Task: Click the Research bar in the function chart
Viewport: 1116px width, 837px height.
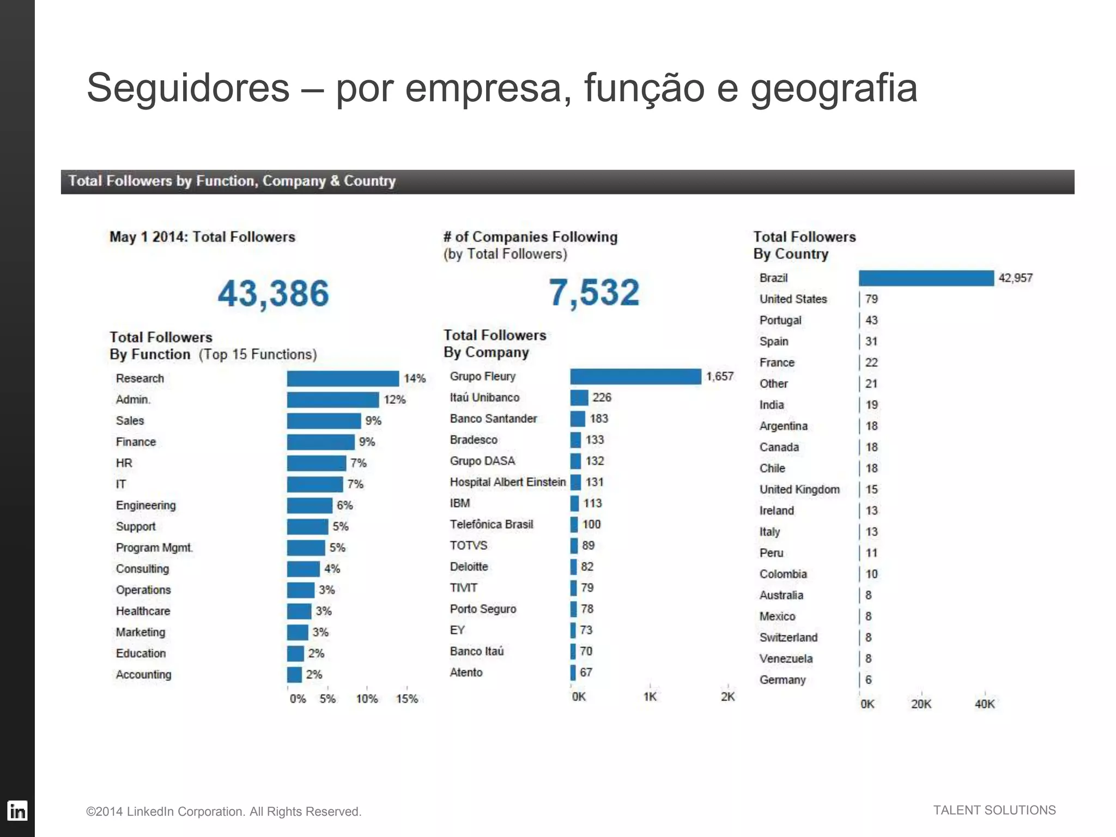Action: (x=343, y=378)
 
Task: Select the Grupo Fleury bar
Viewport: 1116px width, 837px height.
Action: (x=635, y=377)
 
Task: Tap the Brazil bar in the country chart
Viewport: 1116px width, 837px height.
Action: (x=926, y=278)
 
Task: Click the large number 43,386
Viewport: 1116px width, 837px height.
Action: (x=274, y=293)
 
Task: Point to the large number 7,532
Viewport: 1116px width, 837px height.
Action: (x=594, y=292)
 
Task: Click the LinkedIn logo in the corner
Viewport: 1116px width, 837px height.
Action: (x=17, y=811)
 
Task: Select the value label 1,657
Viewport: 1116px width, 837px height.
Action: (x=720, y=377)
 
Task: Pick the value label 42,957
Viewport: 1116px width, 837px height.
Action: (x=1015, y=278)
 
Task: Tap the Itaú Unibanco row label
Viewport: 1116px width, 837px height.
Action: (x=484, y=398)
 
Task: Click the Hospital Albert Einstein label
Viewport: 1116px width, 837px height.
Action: (x=507, y=482)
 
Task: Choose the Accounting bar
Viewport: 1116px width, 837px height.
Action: (x=294, y=675)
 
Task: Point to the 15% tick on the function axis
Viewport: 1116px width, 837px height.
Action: (x=407, y=699)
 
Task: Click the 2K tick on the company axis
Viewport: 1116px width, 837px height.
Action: (x=727, y=696)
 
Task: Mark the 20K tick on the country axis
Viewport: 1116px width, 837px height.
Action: (x=921, y=704)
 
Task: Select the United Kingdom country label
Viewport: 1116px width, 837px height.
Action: (x=799, y=489)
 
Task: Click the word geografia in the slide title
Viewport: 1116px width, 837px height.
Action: (x=834, y=88)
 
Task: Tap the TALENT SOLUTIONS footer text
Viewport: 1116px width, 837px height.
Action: (x=994, y=810)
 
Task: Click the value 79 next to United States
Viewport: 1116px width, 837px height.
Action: (x=871, y=299)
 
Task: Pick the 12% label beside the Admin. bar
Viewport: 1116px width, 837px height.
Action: (x=395, y=399)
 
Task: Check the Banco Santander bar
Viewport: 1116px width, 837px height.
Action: (x=578, y=419)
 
